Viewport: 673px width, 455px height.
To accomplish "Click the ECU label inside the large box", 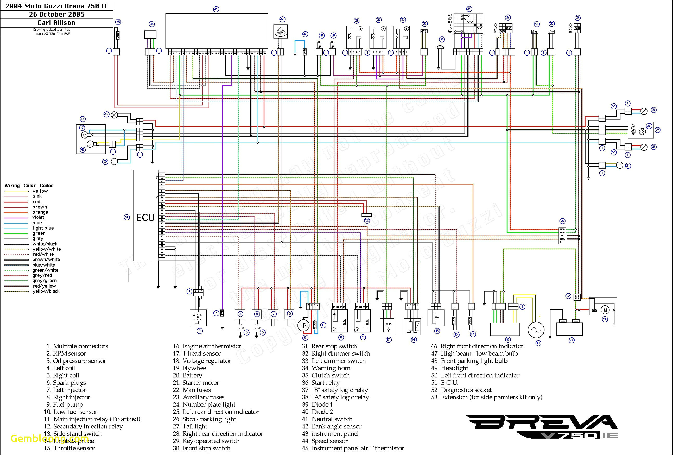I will click(145, 218).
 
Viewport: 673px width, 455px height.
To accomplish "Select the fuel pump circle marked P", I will click(304, 325).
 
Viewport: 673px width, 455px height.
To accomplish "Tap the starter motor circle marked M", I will click(605, 310).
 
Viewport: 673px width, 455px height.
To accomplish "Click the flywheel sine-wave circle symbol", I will click(536, 330).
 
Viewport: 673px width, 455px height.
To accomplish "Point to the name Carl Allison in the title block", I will click(56, 23).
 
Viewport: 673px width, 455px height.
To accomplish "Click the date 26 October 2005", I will click(56, 15).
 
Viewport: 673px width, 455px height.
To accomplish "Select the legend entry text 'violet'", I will click(38, 217).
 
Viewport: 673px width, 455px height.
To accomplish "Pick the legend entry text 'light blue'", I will click(43, 228).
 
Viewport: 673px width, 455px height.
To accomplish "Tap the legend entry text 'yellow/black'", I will click(46, 291).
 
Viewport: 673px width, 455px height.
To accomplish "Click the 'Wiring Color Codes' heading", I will click(29, 185).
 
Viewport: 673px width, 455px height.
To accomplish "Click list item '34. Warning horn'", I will click(326, 368).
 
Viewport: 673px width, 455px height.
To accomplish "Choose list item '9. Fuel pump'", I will click(65, 405).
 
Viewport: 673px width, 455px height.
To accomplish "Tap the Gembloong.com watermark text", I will click(49, 438).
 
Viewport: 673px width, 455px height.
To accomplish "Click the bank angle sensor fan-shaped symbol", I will click(281, 31).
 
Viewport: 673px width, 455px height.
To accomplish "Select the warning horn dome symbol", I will click(440, 47).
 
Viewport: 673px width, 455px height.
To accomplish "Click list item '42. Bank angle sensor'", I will click(332, 426).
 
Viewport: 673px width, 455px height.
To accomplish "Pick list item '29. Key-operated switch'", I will click(206, 441).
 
